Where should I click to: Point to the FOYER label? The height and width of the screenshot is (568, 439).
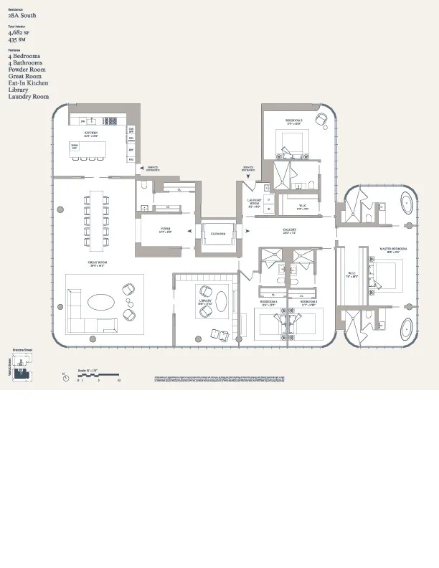(165, 229)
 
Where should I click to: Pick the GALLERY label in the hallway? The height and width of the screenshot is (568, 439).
(289, 231)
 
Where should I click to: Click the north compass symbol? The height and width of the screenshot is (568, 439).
(65, 375)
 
